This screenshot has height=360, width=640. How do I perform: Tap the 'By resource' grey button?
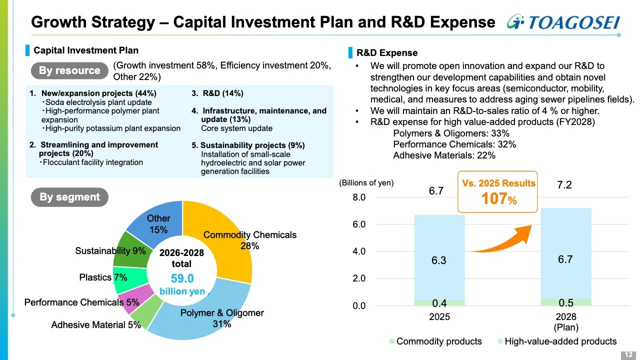69,70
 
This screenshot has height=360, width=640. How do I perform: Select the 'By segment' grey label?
69,197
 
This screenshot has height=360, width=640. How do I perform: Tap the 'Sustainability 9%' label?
110,250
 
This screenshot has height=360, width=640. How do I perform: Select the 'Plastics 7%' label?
103,277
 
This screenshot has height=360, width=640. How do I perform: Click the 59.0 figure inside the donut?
182,278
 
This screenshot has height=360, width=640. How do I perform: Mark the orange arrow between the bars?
502,240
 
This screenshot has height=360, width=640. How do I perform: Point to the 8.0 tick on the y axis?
359,197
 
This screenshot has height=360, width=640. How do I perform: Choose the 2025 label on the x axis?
439,317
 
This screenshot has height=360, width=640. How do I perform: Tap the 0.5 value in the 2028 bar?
565,302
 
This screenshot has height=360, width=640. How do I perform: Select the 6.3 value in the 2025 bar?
439,260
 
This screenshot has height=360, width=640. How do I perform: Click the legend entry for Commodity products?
435,341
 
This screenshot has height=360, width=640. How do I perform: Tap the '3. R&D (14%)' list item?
217,93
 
